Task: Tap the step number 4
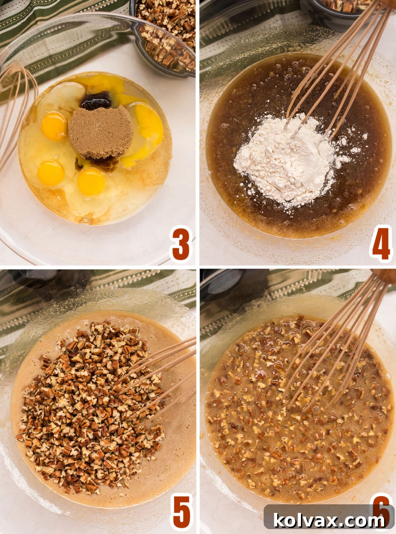click(380, 244)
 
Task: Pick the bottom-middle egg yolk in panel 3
click(91, 182)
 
